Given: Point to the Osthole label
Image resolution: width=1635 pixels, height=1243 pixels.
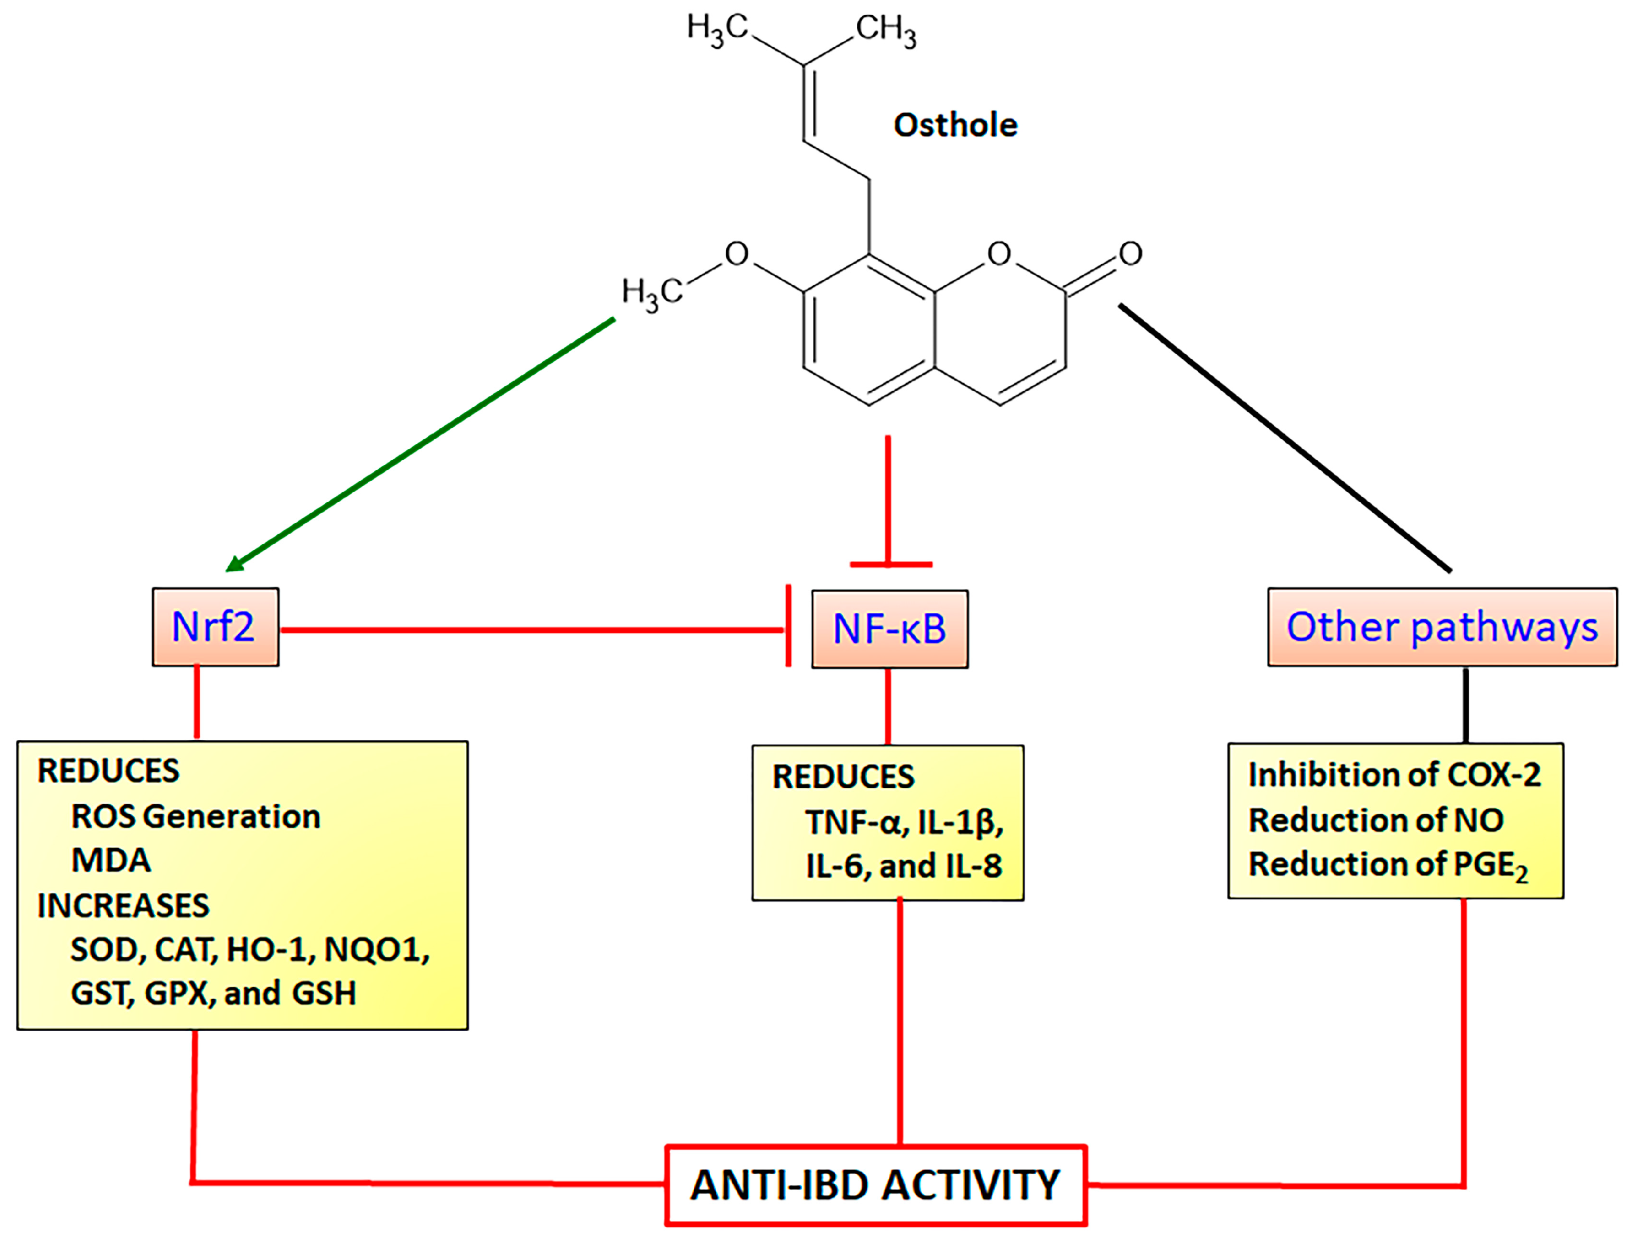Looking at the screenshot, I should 955,125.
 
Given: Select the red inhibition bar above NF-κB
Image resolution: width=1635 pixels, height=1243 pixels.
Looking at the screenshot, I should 890,565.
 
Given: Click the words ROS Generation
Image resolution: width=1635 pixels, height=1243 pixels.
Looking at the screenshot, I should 196,817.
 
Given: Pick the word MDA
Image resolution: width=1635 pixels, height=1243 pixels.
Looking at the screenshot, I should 111,860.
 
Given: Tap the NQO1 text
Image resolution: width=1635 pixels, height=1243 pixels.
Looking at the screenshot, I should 375,950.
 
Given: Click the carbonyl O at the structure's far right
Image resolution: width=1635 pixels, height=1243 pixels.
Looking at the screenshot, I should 1130,254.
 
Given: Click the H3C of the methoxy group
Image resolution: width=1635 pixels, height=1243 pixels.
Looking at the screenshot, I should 651,292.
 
